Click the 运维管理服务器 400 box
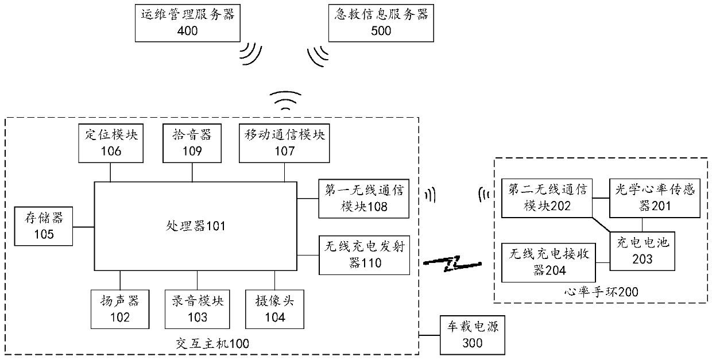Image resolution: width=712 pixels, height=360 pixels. click(x=188, y=23)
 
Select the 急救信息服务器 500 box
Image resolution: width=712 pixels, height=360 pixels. click(x=381, y=23)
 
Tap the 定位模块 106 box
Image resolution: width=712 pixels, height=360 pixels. click(x=111, y=144)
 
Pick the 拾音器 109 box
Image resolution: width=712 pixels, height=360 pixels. click(x=192, y=144)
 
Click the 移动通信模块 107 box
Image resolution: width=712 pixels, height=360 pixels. click(x=284, y=144)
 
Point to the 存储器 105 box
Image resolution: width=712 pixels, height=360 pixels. click(x=44, y=226)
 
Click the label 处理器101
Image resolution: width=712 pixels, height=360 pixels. click(x=195, y=226)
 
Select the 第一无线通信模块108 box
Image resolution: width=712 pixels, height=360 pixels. click(x=364, y=199)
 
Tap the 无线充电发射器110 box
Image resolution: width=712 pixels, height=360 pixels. click(x=364, y=255)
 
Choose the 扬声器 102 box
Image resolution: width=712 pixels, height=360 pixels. click(x=120, y=309)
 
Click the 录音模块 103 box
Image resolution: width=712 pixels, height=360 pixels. click(x=197, y=309)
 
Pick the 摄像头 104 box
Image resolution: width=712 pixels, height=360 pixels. click(x=274, y=309)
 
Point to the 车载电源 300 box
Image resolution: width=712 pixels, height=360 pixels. click(x=473, y=335)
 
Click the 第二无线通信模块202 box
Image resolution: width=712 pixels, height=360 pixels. click(x=547, y=198)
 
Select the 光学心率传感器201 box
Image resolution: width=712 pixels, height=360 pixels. click(x=655, y=198)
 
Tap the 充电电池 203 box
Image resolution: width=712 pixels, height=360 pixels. click(x=643, y=251)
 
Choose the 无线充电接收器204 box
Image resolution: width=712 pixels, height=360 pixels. click(x=548, y=263)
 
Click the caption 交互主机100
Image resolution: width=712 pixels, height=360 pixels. click(x=212, y=343)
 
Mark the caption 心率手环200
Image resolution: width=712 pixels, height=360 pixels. click(x=601, y=292)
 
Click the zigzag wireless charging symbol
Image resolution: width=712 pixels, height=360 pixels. click(x=452, y=264)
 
